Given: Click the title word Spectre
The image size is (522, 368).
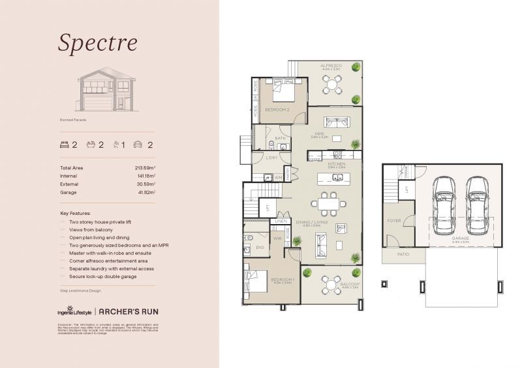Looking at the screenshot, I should coord(97,42).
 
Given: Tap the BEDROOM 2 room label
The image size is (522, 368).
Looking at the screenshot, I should coord(277,109).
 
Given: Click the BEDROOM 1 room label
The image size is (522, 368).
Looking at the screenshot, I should coord(283,279).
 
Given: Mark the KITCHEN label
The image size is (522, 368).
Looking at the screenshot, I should coord(336,164).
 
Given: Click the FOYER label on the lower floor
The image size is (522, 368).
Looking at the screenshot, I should coord(394,221).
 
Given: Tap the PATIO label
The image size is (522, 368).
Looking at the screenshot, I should coord(403,254).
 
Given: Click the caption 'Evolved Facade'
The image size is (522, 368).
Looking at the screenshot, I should coord(72,120).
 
